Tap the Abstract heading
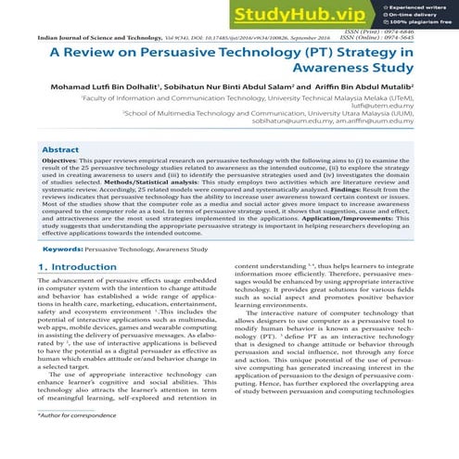(62, 148)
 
